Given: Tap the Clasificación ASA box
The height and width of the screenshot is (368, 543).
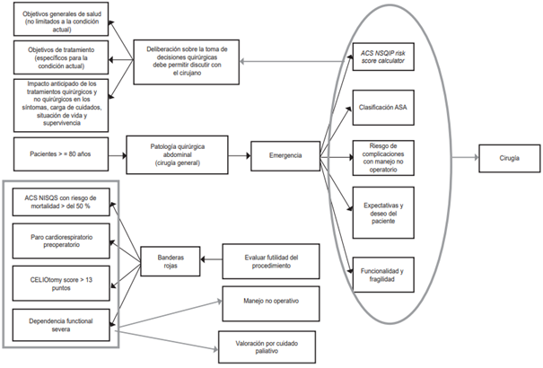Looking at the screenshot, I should (x=382, y=106).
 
